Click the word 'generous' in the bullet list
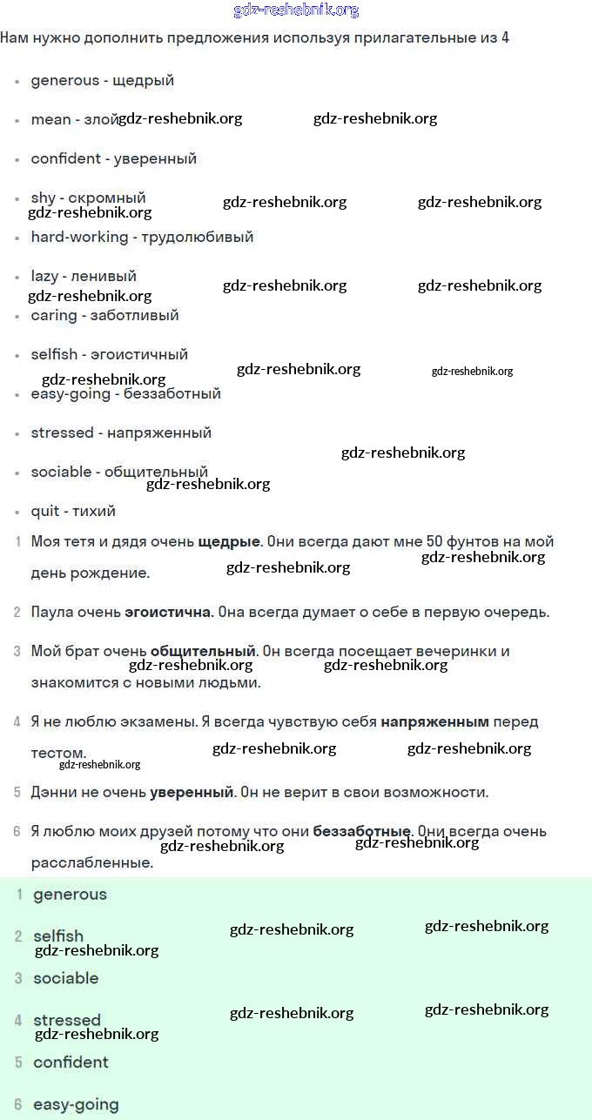click(65, 80)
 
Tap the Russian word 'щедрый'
click(144, 80)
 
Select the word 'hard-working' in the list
click(79, 237)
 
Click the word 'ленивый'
click(104, 276)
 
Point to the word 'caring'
click(54, 315)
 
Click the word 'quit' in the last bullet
click(45, 511)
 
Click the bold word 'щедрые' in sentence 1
click(229, 541)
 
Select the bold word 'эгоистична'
click(168, 612)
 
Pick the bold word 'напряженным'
click(435, 721)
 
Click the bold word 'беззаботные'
click(361, 831)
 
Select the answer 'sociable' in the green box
click(66, 978)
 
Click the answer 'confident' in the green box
click(71, 1062)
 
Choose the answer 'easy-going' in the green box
click(77, 1104)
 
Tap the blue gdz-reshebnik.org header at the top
click(296, 10)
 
